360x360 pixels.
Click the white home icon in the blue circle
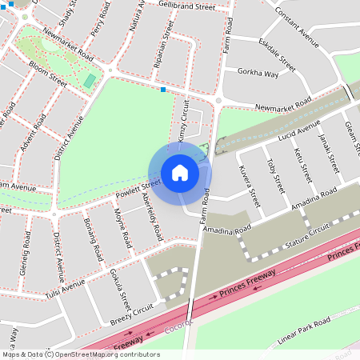[x=180, y=173]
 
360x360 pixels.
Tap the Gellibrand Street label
[x=187, y=6]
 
